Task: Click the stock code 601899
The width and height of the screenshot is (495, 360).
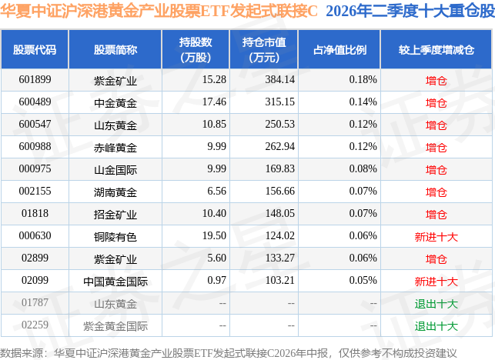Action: pos(35,79)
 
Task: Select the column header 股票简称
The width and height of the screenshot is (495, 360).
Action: pos(115,50)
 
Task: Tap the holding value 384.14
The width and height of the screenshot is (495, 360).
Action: pos(279,79)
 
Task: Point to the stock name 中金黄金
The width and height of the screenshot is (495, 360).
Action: pos(115,103)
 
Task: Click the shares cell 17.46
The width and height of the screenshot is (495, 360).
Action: pos(214,102)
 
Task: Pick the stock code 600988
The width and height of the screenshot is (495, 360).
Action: pos(35,146)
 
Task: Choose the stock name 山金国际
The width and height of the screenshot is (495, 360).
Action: pos(115,170)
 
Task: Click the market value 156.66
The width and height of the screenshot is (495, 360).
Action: pos(279,192)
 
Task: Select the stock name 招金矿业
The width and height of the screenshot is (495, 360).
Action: pos(115,215)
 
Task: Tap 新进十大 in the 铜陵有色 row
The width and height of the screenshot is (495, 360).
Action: pos(436,237)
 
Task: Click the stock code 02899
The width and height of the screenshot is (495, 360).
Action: pos(35,258)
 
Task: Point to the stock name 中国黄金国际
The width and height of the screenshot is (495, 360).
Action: pos(115,282)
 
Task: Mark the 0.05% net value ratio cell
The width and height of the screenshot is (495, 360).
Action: pos(363,280)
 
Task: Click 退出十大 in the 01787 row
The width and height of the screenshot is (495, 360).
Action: pos(436,304)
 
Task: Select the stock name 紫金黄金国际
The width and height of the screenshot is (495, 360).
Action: pos(115,326)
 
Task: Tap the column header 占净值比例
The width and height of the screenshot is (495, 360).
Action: pos(339,50)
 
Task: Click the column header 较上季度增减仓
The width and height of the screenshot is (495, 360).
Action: pos(436,50)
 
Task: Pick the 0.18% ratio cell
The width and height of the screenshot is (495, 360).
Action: pos(363,79)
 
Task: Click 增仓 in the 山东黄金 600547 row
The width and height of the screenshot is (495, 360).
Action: pos(436,125)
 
